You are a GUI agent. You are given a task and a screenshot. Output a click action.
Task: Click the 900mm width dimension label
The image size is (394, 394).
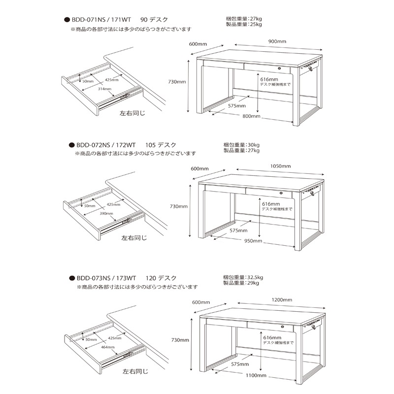277,41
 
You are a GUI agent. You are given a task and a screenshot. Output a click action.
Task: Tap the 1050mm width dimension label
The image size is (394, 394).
280,166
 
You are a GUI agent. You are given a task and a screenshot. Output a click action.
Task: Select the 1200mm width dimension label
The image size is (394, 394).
282,300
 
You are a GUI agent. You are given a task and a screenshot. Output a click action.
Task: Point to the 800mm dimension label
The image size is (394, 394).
251,116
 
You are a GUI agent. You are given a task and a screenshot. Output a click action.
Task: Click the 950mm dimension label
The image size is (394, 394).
253,241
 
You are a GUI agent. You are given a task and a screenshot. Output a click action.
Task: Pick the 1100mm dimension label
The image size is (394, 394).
256,375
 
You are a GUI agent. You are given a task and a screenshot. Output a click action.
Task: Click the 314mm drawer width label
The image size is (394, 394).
104,89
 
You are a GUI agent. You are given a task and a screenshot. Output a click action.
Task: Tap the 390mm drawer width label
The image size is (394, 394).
106,214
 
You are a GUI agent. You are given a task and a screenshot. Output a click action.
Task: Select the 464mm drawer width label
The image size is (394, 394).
107,347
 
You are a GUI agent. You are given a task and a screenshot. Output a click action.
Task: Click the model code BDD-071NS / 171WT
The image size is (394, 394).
101,20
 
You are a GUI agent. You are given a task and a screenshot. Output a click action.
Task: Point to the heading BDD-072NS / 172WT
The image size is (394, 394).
106,145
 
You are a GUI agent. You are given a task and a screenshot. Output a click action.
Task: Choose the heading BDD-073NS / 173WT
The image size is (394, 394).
106,278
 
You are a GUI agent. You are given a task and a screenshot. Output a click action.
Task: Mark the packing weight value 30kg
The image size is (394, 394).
254,145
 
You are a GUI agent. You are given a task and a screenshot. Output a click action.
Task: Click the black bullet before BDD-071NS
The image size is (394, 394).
67,20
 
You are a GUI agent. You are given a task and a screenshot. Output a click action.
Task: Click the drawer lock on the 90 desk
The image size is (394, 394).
279,68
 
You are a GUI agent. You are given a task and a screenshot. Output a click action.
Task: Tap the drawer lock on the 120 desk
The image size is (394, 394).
282,327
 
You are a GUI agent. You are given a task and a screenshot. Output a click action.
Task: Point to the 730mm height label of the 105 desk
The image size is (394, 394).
179,206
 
